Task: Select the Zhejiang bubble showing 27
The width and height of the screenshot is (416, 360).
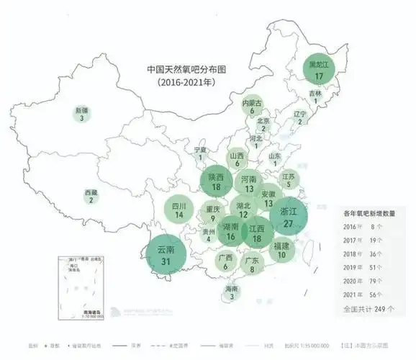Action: point(288,217)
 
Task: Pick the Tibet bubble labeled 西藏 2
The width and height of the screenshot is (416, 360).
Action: point(91,197)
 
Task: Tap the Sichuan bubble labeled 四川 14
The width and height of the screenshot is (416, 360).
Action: point(179,210)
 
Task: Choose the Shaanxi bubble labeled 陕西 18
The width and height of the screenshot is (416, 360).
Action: point(216,182)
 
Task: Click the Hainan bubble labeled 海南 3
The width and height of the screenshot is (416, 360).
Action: point(231,292)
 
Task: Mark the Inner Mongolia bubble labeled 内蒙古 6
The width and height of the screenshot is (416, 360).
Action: point(252,107)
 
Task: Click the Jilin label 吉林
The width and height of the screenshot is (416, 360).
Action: point(315,94)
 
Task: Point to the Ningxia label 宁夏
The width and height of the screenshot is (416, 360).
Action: point(200,150)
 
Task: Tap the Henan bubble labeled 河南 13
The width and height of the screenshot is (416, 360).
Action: point(248,184)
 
